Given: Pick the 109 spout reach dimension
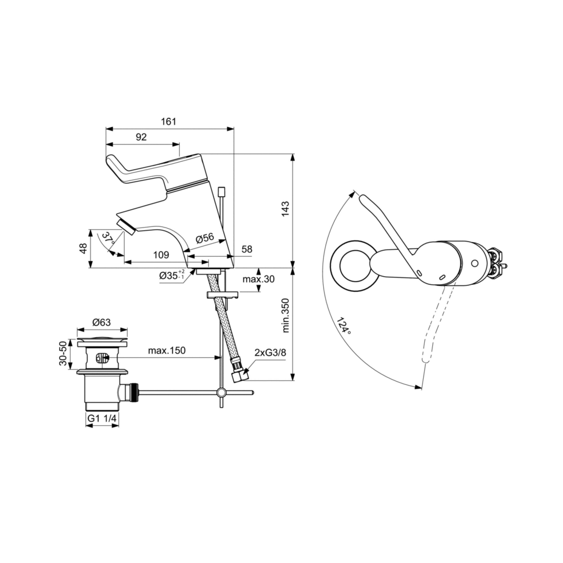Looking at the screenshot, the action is (161, 255).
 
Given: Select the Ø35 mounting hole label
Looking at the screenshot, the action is (172, 275).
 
